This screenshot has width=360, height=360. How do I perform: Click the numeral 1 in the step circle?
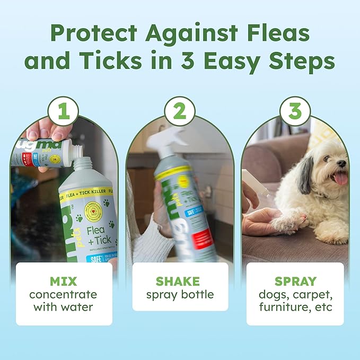(x=64, y=112)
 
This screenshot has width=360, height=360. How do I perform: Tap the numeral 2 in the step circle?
(x=179, y=112)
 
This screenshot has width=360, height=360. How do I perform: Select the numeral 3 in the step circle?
(x=295, y=112)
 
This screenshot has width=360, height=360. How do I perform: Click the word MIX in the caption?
(x=64, y=281)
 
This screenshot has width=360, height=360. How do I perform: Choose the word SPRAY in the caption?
(x=295, y=281)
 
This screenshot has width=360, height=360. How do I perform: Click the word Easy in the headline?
(x=238, y=61)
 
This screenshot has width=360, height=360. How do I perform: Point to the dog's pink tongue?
(x=340, y=178)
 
